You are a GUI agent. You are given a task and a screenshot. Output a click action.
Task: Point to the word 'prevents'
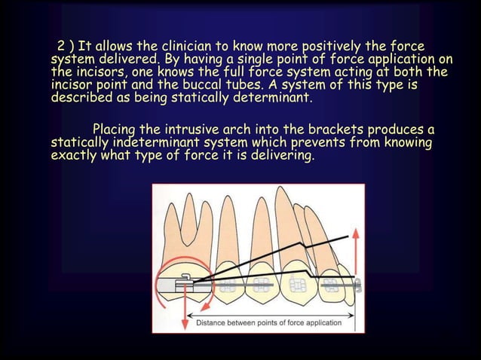click(338, 142)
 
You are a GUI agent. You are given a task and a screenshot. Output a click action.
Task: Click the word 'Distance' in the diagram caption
click(215, 322)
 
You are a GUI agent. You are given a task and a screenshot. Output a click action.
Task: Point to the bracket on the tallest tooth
click(295, 285)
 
